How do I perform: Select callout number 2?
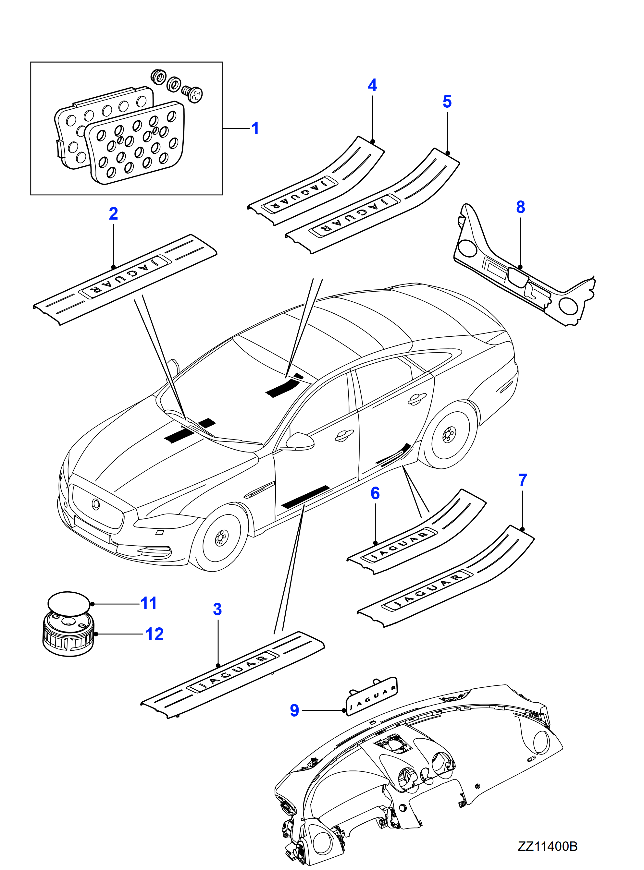tap(113, 213)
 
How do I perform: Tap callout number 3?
tap(217, 609)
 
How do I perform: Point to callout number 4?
tap(372, 85)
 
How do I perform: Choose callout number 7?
tap(522, 480)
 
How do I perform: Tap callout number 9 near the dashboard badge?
tap(294, 710)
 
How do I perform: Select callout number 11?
tap(149, 603)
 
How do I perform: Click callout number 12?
tap(155, 634)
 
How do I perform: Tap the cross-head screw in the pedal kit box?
tap(193, 94)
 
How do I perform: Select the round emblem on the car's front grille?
tap(96, 504)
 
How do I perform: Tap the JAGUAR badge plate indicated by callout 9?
tap(372, 696)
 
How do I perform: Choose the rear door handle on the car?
tap(416, 399)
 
